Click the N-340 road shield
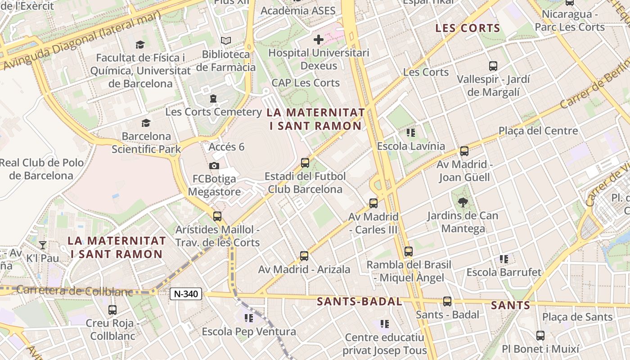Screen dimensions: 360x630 (x=186, y=294)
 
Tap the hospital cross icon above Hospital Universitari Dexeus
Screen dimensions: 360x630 (x=319, y=40)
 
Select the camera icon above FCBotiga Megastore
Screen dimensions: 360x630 (x=214, y=166)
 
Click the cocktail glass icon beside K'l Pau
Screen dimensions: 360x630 (x=43, y=245)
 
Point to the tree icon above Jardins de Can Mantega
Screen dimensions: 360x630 (x=463, y=202)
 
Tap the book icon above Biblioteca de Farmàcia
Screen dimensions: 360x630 (x=226, y=41)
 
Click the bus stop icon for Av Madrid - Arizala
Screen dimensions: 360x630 (x=304, y=256)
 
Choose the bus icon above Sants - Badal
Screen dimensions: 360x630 (x=447, y=301)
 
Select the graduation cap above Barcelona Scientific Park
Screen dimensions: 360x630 (x=146, y=123)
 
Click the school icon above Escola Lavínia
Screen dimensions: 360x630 (x=410, y=133)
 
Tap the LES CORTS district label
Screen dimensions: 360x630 (x=468, y=28)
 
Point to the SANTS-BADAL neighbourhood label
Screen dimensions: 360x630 (x=360, y=301)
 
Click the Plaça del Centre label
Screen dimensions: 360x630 (x=538, y=131)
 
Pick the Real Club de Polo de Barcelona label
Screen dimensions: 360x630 (x=41, y=169)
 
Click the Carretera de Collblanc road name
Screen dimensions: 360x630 (x=74, y=291)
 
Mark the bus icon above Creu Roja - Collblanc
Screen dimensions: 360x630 (x=112, y=310)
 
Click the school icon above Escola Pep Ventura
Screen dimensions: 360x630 (x=248, y=318)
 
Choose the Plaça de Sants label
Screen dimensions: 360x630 (x=577, y=317)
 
